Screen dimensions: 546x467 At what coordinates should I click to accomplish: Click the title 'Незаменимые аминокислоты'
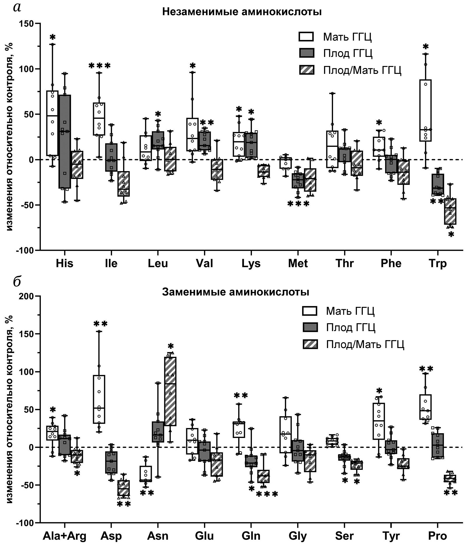(242, 12)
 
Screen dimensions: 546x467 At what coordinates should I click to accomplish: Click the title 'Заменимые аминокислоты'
(236, 292)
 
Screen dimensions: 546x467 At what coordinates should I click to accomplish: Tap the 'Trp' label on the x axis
(438, 264)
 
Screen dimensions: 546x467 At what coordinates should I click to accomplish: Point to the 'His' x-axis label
(65, 264)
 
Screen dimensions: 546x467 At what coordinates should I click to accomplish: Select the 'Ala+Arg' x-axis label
(65, 536)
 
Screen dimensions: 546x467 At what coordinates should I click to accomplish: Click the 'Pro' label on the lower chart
(438, 536)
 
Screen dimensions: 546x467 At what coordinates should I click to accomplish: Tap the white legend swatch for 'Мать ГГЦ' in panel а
(306, 37)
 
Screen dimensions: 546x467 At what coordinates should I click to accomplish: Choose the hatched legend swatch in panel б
(310, 344)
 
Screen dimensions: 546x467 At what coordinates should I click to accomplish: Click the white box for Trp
(426, 110)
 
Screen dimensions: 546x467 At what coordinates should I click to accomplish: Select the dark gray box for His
(65, 141)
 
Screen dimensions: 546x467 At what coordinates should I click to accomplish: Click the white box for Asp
(99, 399)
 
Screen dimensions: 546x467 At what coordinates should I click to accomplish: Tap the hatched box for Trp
(450, 211)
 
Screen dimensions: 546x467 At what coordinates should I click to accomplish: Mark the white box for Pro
(426, 407)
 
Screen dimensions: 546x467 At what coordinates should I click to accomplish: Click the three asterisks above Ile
(99, 65)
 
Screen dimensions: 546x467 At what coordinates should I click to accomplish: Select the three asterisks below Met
(298, 204)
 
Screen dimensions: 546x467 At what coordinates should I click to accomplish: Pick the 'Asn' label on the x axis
(158, 536)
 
